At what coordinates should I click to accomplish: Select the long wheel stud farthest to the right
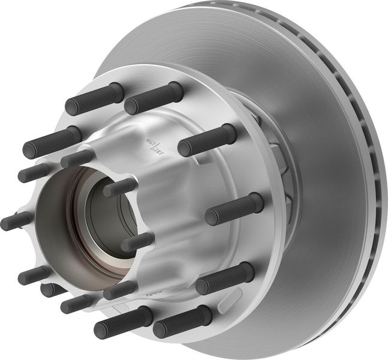[235, 208]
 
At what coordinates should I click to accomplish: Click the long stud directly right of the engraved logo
[207, 140]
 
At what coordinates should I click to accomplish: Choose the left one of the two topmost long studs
[95, 98]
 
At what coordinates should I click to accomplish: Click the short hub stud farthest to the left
[16, 220]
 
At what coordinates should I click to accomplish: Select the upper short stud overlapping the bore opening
[120, 187]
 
